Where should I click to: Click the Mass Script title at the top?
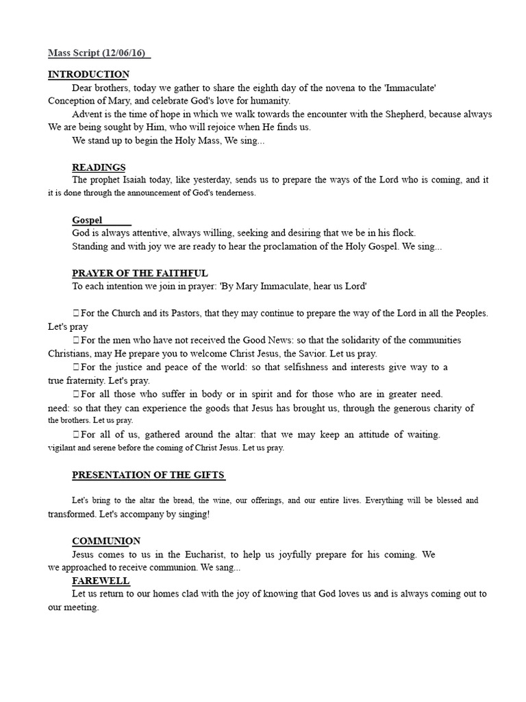coord(99,53)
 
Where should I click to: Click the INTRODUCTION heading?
coord(88,74)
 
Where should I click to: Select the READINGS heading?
coord(99,167)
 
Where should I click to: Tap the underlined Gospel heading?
coord(88,220)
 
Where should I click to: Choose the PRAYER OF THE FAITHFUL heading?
coord(140,273)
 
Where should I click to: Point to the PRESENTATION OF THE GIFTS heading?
coord(149,475)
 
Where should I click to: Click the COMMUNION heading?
coord(106,541)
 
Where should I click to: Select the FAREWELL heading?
coord(101,581)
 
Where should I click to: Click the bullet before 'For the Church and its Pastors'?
coord(75,313)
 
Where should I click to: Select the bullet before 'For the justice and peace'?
coord(75,367)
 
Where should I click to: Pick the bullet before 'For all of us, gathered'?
coord(75,435)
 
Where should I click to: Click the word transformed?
coord(71,513)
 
